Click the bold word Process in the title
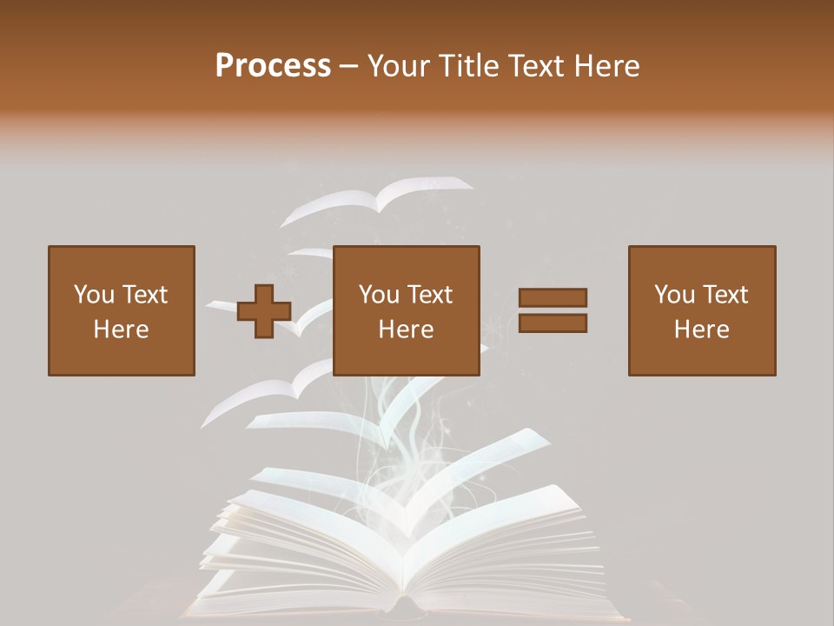pyautogui.click(x=273, y=66)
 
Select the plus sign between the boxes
pyautogui.click(x=264, y=311)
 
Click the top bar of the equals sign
pyautogui.click(x=553, y=298)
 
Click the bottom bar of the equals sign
pyautogui.click(x=553, y=323)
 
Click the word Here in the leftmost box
pyautogui.click(x=121, y=330)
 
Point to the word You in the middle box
pyautogui.click(x=379, y=295)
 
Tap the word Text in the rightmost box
pyautogui.click(x=728, y=295)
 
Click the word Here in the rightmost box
pyautogui.click(x=701, y=330)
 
